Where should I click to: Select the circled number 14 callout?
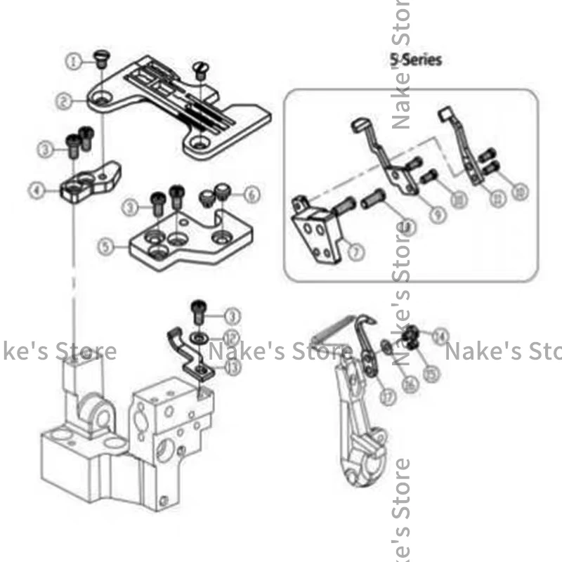pos(440,337)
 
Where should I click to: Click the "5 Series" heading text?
pos(417,60)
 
